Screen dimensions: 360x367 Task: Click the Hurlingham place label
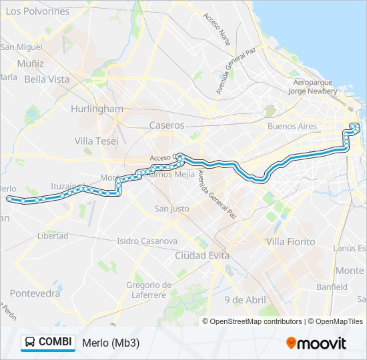(x=97, y=109)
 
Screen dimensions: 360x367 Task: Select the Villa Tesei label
(x=96, y=141)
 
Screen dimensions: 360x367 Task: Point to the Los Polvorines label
(x=37, y=11)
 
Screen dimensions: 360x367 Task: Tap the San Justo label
(x=171, y=209)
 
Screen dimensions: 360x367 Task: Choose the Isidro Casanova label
(x=147, y=241)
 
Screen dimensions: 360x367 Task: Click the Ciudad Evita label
(x=202, y=255)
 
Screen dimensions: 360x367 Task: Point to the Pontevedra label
(x=35, y=293)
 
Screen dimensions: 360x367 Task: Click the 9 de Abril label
(x=245, y=299)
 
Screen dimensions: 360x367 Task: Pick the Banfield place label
(x=332, y=287)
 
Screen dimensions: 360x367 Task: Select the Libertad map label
(x=53, y=235)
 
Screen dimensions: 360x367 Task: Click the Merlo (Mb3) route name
(x=111, y=343)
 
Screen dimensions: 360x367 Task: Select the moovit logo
(x=316, y=343)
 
